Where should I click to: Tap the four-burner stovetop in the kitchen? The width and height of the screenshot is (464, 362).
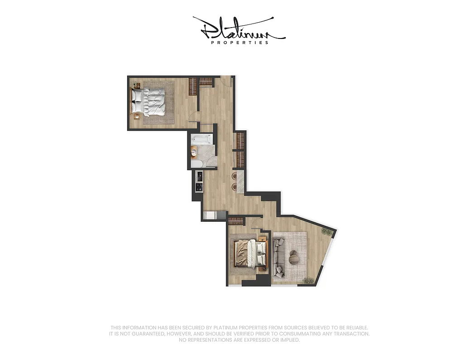tap(199, 186)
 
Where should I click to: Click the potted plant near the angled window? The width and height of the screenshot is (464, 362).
tap(326, 232)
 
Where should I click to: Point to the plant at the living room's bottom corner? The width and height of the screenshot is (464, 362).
tap(309, 281)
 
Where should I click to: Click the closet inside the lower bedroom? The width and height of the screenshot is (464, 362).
tap(235, 221)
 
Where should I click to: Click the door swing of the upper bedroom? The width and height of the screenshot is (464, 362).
tap(194, 117)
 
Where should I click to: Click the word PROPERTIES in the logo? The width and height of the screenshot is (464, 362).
tap(240, 43)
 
